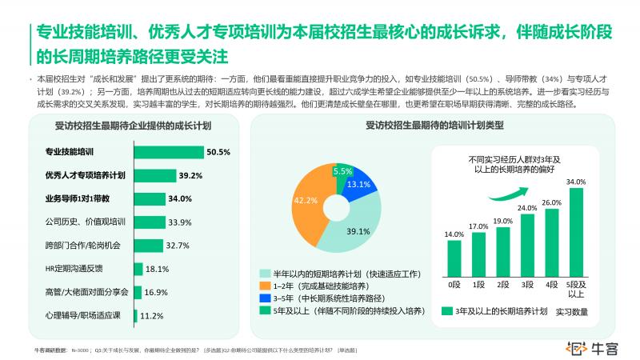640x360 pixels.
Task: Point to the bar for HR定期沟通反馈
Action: pos(138,269)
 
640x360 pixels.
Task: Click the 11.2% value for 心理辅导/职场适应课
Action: pos(152,315)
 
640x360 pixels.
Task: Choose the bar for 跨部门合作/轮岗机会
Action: pos(149,246)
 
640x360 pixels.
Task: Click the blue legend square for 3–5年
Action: pos(264,298)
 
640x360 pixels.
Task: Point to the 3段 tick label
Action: pos(527,284)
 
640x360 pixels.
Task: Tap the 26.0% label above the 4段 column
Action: pos(551,203)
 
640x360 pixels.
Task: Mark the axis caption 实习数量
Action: pos(573,310)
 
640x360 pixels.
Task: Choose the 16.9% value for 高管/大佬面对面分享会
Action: pos(156,292)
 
